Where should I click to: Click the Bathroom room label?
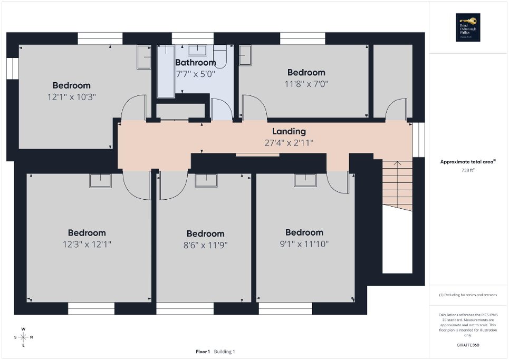click(x=196, y=63)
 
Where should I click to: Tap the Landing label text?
click(x=289, y=131)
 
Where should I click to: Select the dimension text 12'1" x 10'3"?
click(x=71, y=96)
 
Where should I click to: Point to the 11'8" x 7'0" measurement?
click(x=305, y=83)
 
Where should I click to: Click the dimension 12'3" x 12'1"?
click(x=87, y=244)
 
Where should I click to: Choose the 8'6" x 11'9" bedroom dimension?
click(x=205, y=245)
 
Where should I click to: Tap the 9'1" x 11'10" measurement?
click(x=304, y=244)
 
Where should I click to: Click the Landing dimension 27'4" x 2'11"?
click(x=289, y=142)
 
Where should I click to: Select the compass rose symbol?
click(x=23, y=337)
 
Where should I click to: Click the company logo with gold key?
click(x=468, y=27)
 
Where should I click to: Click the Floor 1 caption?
click(x=203, y=352)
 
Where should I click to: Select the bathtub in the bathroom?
click(x=166, y=71)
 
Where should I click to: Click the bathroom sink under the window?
click(x=197, y=50)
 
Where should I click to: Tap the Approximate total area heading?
click(x=468, y=162)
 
